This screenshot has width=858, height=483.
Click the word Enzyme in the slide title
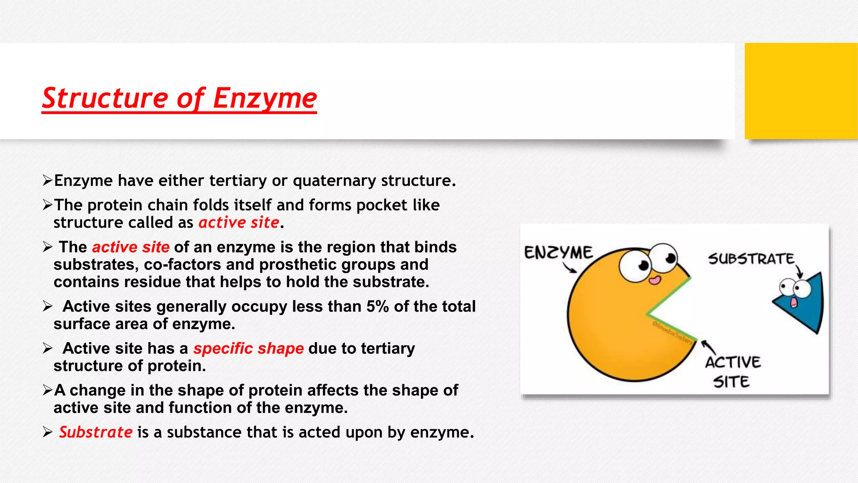[x=265, y=99]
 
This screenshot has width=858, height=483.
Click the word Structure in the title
[x=105, y=99]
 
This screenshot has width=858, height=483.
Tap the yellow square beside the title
[x=801, y=91]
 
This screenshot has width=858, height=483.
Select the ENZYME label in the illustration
[x=558, y=252]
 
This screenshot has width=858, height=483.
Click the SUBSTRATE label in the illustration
[x=751, y=259]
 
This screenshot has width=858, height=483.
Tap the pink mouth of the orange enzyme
[x=654, y=280]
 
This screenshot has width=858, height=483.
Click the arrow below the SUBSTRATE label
[x=799, y=271]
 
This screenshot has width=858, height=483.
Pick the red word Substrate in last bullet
[x=96, y=432]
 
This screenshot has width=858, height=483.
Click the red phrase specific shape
[x=248, y=348]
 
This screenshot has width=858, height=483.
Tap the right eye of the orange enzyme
[x=665, y=257]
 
